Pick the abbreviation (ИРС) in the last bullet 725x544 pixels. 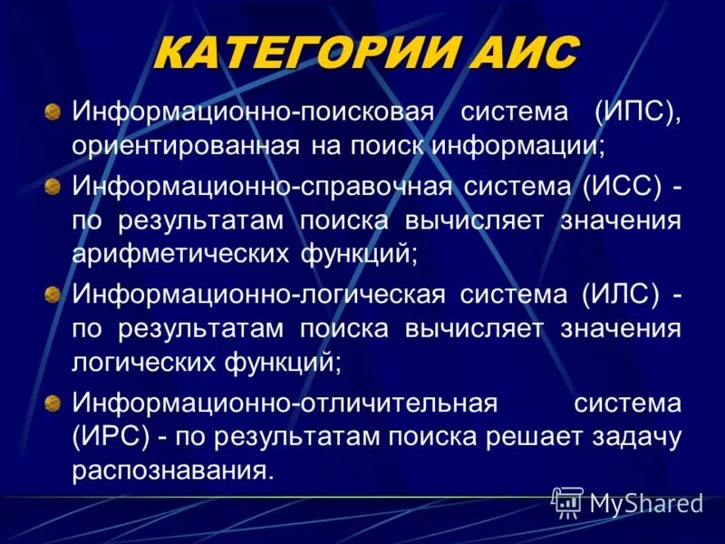(111, 437)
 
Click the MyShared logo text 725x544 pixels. (645, 502)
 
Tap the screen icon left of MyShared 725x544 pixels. (567, 500)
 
